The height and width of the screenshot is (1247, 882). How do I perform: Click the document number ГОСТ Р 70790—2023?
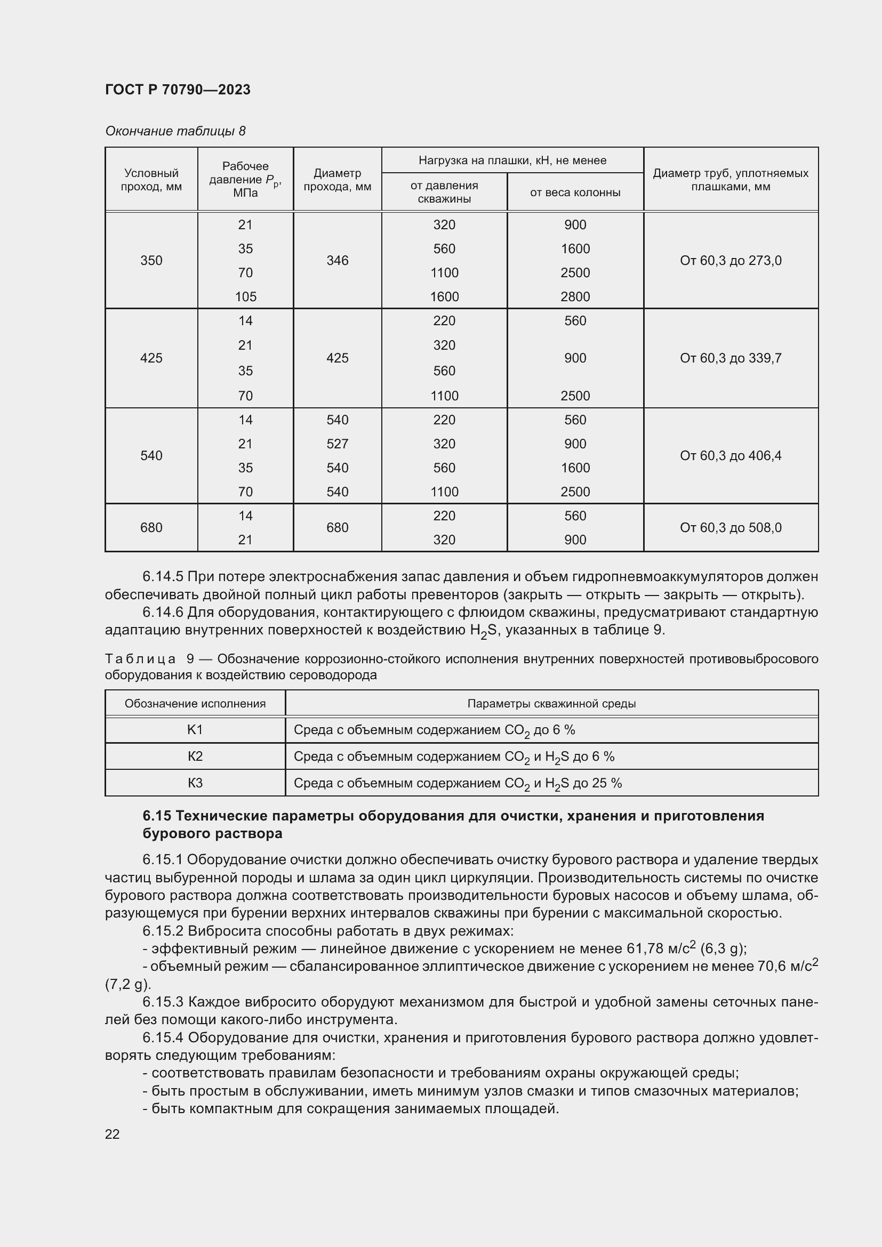click(178, 90)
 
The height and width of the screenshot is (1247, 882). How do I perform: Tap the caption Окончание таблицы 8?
click(175, 131)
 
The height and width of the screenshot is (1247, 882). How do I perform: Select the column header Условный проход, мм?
click(151, 180)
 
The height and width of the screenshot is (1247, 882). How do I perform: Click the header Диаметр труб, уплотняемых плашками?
click(731, 180)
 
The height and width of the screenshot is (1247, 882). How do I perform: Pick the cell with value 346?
click(337, 261)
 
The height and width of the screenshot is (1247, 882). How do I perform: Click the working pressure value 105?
click(245, 296)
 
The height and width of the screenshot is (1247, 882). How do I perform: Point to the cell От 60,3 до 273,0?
click(731, 261)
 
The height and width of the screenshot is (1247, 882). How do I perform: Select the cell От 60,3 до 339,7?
click(731, 358)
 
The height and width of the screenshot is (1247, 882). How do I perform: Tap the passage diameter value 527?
click(337, 444)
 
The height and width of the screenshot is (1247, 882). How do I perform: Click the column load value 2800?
click(575, 296)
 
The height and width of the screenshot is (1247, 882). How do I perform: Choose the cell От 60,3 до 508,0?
click(731, 527)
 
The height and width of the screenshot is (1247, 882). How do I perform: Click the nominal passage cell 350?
click(151, 261)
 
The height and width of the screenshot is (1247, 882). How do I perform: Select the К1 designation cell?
click(195, 730)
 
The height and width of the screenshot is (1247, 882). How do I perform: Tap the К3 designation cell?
click(195, 783)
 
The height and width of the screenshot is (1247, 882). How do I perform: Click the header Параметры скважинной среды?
click(551, 704)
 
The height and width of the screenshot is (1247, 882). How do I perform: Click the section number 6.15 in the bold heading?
click(157, 816)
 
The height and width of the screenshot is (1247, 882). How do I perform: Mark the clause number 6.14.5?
click(163, 576)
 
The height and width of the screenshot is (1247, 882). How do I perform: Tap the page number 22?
click(113, 1134)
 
